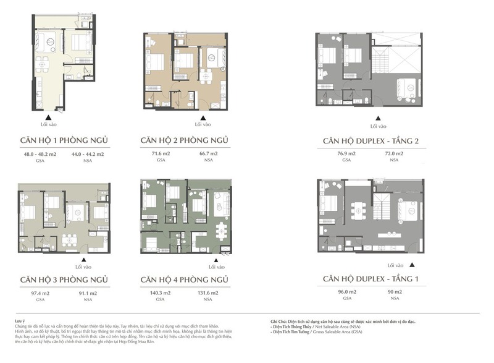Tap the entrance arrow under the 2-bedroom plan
pos(198,117)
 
